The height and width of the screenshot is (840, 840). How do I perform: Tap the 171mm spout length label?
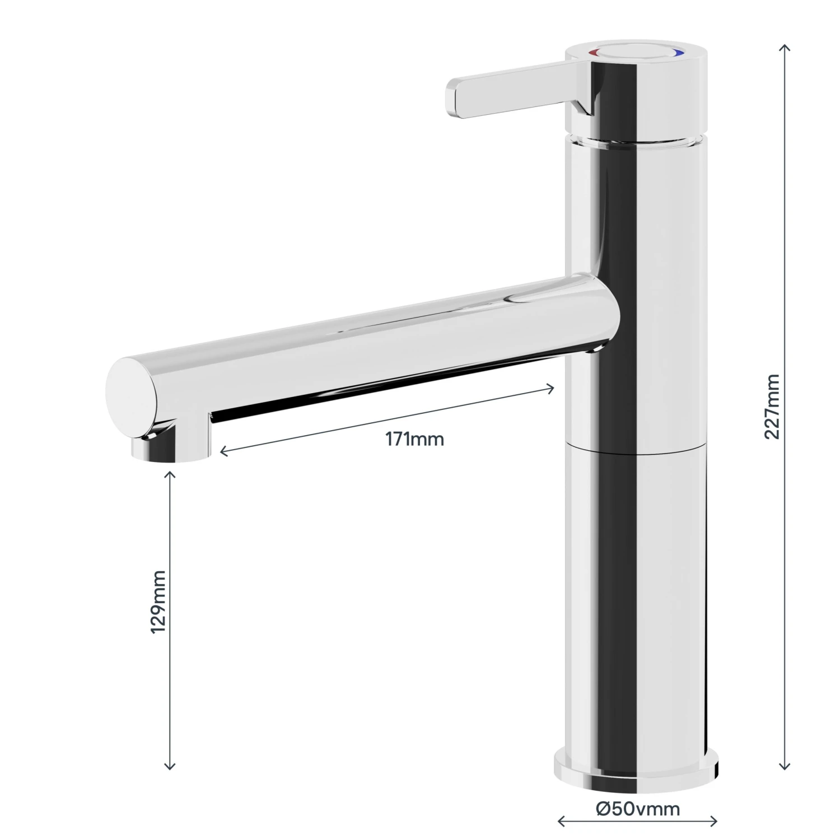(414, 440)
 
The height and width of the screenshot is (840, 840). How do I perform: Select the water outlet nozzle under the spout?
(168, 448)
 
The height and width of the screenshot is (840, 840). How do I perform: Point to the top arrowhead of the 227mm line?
(785, 46)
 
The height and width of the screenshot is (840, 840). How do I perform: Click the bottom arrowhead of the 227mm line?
(785, 768)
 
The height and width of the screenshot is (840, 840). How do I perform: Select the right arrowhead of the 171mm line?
(552, 388)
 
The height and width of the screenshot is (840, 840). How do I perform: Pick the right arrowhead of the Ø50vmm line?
(715, 822)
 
